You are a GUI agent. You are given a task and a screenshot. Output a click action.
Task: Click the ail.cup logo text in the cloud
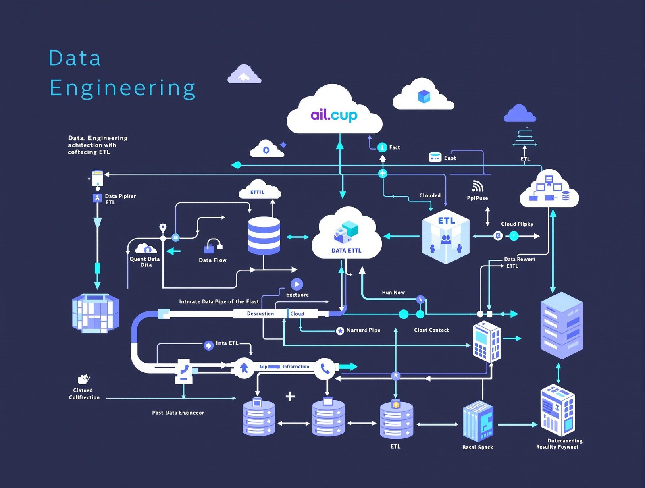point(334,115)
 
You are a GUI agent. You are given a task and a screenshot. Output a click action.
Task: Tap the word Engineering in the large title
point(123,88)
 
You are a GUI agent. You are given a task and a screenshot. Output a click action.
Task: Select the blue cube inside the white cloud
point(424,97)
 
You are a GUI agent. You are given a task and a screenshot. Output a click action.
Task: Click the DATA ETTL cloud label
point(346,251)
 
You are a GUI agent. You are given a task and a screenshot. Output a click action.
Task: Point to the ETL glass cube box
point(446,237)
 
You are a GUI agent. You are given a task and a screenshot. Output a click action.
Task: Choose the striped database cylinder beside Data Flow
point(264,235)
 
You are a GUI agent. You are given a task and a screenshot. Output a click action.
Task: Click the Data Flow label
point(212,260)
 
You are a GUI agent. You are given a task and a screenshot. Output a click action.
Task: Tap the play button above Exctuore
point(297,284)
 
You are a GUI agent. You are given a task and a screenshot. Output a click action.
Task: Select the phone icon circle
point(325,368)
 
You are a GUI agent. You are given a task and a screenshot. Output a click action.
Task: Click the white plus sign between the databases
point(290,397)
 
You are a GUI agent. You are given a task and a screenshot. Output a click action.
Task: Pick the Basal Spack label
point(478,447)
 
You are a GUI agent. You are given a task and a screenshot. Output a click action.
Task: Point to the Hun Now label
point(393,293)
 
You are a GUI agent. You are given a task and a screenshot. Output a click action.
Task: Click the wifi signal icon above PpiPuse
point(478,186)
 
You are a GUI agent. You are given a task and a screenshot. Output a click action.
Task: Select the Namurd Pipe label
point(363,330)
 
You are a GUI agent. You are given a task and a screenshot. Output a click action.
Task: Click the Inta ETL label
point(227,343)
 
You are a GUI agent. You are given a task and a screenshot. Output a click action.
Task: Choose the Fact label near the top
point(394,147)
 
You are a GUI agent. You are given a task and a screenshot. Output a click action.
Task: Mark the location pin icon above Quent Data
point(163,228)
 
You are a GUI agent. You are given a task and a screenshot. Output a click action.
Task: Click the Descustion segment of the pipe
point(260,314)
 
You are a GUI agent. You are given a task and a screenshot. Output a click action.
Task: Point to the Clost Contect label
point(431,330)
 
